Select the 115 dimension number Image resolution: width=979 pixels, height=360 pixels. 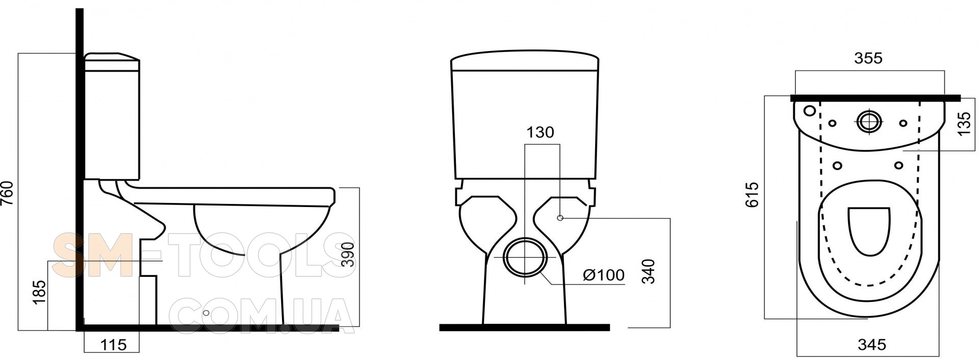[x=113, y=345]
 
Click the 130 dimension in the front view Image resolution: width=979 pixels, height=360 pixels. [x=540, y=132]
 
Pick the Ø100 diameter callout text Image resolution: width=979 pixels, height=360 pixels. [x=603, y=275]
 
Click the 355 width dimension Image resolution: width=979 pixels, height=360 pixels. [x=868, y=58]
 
